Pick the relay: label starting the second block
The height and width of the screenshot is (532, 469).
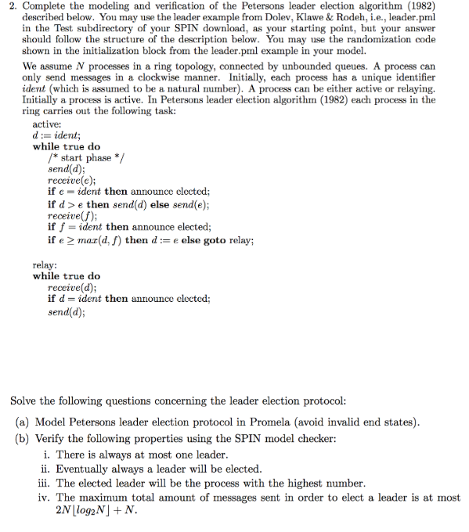(44, 264)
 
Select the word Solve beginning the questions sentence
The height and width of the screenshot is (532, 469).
(24, 401)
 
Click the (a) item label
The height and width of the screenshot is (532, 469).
(23, 422)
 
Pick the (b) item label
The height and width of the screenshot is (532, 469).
(23, 438)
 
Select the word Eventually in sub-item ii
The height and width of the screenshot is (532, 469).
(85, 469)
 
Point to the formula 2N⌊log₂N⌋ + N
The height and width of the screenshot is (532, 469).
(95, 511)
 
